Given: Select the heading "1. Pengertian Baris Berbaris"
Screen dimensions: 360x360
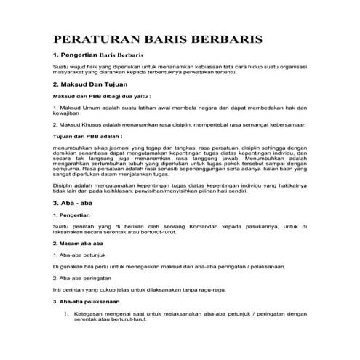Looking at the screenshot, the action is click(97, 55).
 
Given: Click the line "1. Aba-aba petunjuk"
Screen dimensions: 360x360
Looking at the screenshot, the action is click(81, 254).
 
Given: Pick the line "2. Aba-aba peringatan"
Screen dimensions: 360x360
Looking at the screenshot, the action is click(85, 278).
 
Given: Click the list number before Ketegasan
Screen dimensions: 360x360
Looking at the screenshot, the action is click(65, 314).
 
